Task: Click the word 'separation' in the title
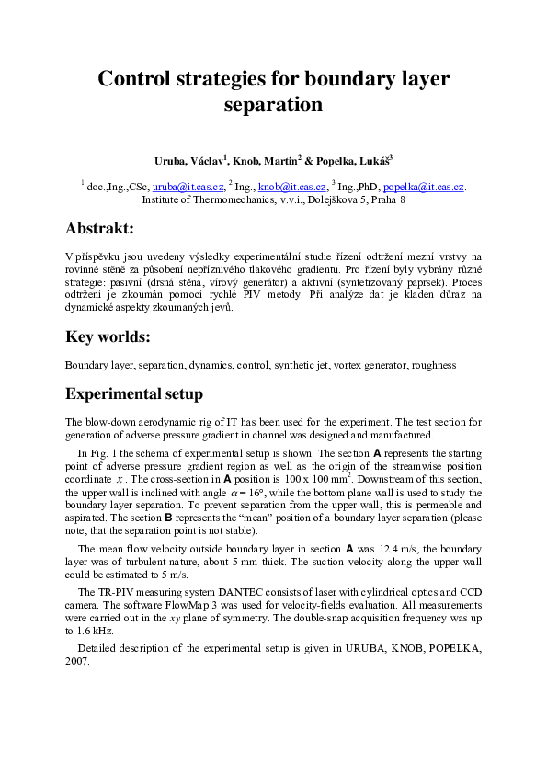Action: tap(273, 105)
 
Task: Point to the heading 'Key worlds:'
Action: tap(108, 337)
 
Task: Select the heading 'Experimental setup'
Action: tap(134, 394)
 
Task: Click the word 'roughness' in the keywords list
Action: tap(433, 365)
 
